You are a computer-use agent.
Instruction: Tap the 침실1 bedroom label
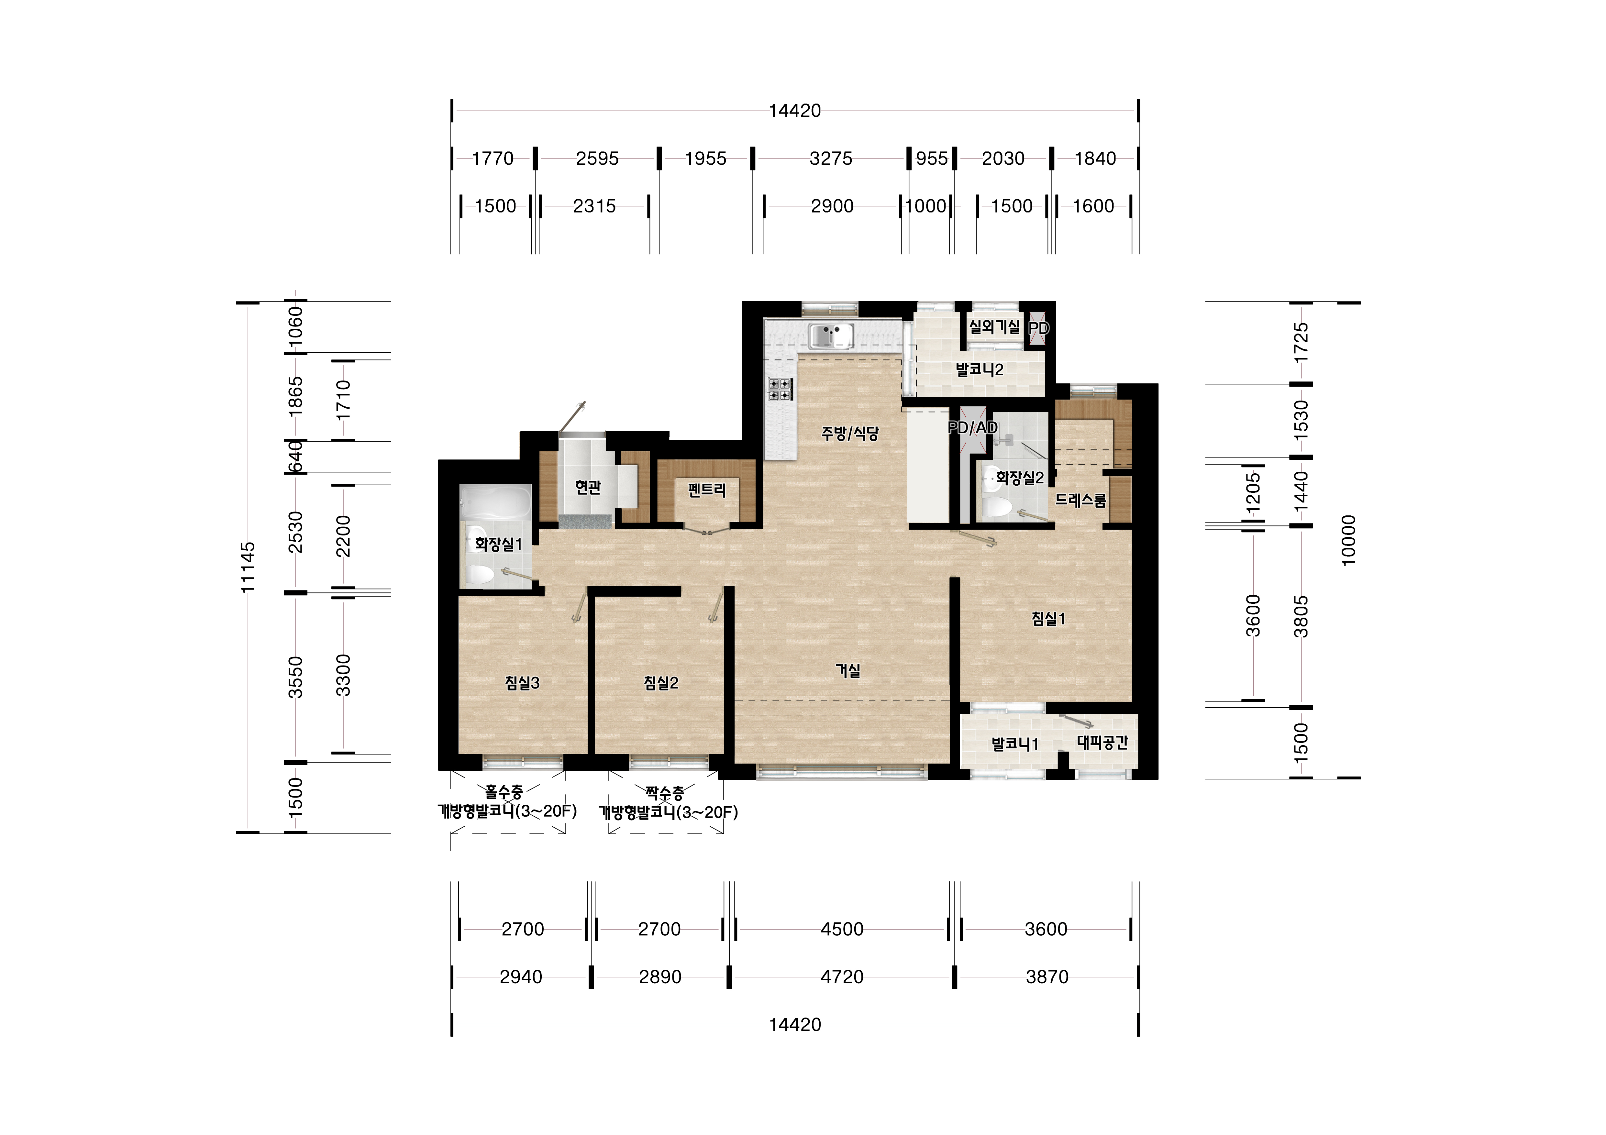(1048, 619)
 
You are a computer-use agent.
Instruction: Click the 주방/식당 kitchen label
(850, 434)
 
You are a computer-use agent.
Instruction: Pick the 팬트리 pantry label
(706, 490)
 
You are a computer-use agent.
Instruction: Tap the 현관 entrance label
(588, 487)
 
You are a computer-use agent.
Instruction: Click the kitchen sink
(831, 336)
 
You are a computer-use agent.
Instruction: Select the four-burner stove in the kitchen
(780, 389)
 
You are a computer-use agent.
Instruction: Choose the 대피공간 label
(1102, 743)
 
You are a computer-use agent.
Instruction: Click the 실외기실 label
(994, 326)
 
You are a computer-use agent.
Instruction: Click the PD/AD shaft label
(972, 427)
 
